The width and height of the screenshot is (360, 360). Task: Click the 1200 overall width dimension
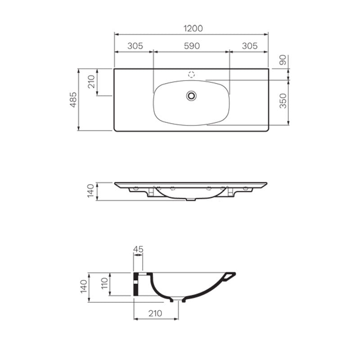click(x=193, y=28)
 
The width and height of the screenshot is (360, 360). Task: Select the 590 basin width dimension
click(x=192, y=46)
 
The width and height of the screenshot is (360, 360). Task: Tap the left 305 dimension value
click(x=135, y=46)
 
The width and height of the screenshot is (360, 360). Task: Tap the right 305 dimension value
click(x=249, y=46)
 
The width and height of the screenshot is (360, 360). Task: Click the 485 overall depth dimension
click(x=73, y=100)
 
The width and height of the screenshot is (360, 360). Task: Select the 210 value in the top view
click(x=92, y=82)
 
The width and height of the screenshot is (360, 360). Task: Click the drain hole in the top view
click(x=192, y=95)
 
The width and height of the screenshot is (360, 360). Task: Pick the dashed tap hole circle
click(x=192, y=75)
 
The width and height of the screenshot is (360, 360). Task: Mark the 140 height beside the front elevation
click(x=90, y=191)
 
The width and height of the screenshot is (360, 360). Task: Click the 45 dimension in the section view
click(x=138, y=249)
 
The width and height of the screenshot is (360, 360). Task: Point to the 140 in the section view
click(x=83, y=287)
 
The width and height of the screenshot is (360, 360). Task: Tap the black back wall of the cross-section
click(x=135, y=283)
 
